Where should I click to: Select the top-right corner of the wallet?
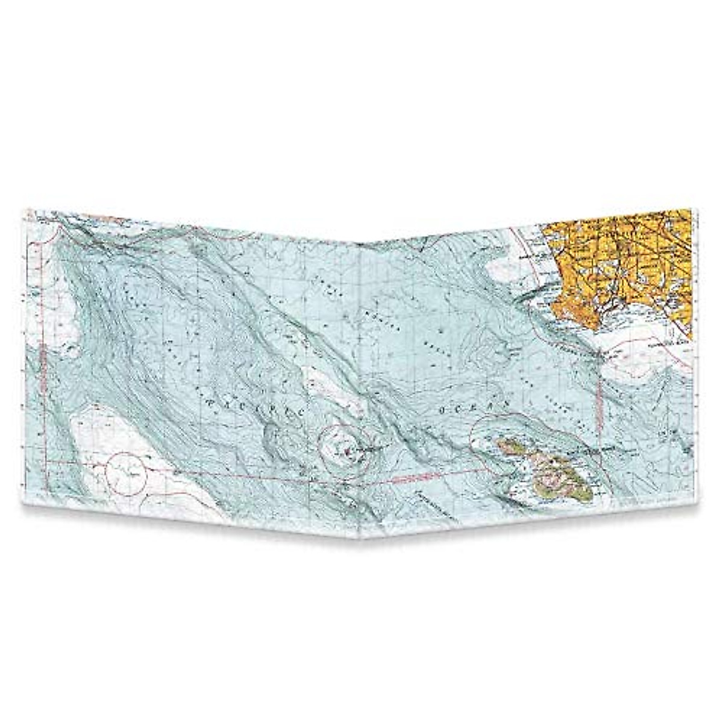690,208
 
